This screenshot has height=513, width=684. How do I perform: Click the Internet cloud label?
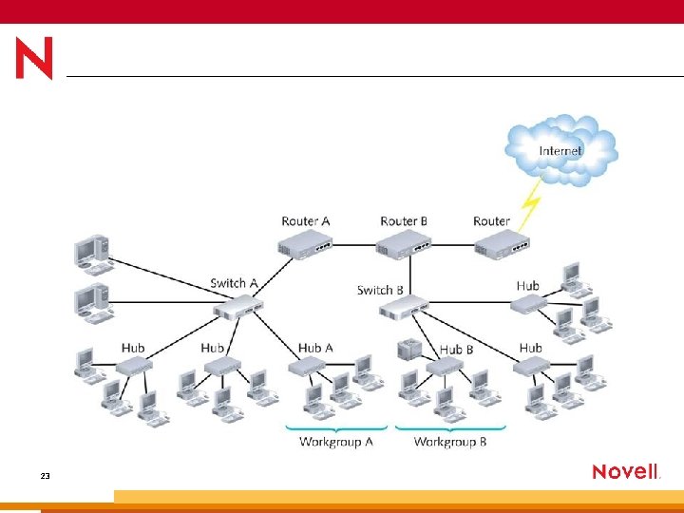click(x=560, y=150)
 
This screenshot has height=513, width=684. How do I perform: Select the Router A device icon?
click(x=305, y=243)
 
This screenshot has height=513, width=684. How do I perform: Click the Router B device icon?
click(x=404, y=243)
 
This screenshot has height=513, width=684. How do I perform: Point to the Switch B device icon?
click(x=408, y=306)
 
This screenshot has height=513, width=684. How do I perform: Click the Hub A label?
click(x=315, y=349)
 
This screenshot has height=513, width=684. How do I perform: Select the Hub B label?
click(x=456, y=350)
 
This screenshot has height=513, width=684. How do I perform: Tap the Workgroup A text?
click(x=336, y=442)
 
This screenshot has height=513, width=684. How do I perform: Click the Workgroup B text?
click(x=450, y=442)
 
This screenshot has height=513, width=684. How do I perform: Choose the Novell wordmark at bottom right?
click(x=626, y=472)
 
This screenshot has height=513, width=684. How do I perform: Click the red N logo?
click(x=34, y=58)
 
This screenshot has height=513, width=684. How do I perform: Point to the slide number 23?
click(x=46, y=475)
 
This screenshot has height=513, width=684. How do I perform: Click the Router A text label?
click(x=305, y=221)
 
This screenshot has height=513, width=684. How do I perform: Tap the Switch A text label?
click(x=234, y=283)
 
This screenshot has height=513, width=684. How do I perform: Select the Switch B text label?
click(x=380, y=290)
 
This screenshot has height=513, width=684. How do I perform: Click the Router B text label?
click(x=404, y=221)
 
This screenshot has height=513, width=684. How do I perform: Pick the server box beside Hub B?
click(x=408, y=349)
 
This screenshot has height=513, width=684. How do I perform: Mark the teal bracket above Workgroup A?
click(x=336, y=427)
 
